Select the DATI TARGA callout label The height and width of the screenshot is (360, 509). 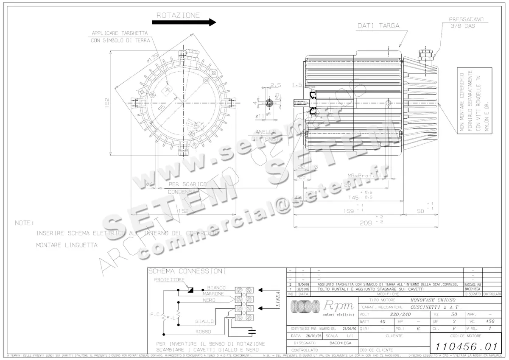tap(378, 25)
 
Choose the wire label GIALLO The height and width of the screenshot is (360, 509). tap(204, 321)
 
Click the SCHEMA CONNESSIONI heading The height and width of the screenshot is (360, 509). tap(187, 271)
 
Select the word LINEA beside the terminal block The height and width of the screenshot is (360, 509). tap(278, 299)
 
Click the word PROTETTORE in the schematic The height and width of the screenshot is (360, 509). tap(169, 280)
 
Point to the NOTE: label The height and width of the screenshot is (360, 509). tap(24, 223)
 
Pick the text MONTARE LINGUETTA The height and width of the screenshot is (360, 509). tap(67, 245)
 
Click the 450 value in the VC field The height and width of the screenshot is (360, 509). tap(490, 321)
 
